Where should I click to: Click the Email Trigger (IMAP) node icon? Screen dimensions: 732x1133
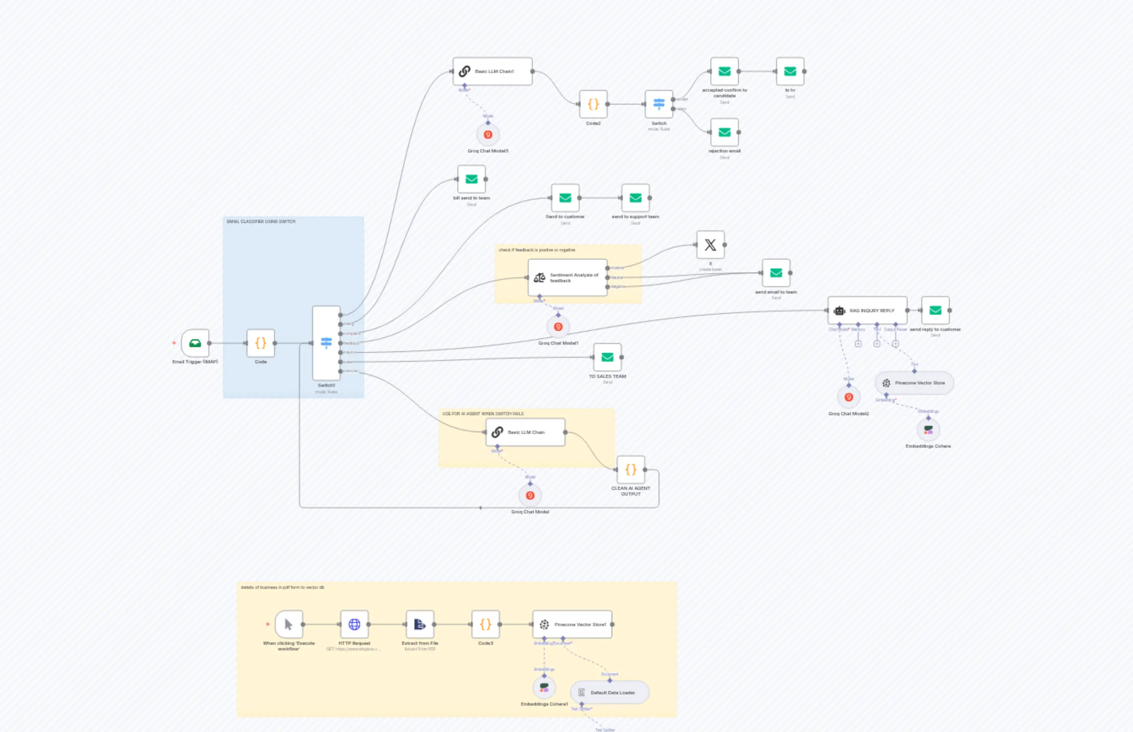click(x=195, y=343)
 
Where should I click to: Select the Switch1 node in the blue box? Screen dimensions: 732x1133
click(x=326, y=343)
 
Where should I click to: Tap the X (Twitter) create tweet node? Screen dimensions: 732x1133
click(x=710, y=245)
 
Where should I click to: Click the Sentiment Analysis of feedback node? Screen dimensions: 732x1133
click(x=567, y=277)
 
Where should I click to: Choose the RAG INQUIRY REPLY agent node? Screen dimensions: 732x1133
click(x=867, y=310)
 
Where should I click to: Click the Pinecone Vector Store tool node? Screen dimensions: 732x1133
click(x=914, y=383)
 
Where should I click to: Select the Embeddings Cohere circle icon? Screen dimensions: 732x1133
click(x=928, y=430)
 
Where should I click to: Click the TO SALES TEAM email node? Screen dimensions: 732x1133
click(x=607, y=357)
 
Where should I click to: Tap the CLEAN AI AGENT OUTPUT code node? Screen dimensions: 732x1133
click(x=631, y=470)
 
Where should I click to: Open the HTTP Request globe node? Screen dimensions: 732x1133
click(x=354, y=624)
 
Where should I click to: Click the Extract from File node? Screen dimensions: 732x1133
click(x=420, y=624)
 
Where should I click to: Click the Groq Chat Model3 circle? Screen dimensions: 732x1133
click(x=487, y=135)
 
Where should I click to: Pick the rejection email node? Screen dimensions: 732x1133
click(x=724, y=133)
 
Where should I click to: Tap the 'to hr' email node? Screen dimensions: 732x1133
click(x=790, y=71)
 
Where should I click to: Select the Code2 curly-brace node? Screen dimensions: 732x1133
click(x=593, y=104)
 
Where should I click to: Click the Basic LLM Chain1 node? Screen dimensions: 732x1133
click(x=492, y=71)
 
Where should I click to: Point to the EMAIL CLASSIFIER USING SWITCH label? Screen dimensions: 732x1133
click(x=261, y=221)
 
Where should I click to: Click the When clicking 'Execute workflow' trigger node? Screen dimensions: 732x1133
click(x=288, y=624)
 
